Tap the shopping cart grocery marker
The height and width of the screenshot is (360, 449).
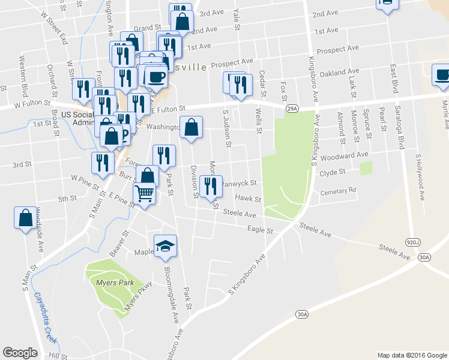tap(144, 194)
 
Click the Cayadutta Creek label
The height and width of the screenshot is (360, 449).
tap(46, 317)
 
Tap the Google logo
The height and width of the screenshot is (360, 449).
tap(20, 352)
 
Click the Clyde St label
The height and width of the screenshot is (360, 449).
tap(333, 172)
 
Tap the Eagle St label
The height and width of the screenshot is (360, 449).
tap(261, 229)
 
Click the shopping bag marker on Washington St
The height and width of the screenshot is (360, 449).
tap(191, 128)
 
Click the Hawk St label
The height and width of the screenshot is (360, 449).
tap(248, 199)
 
